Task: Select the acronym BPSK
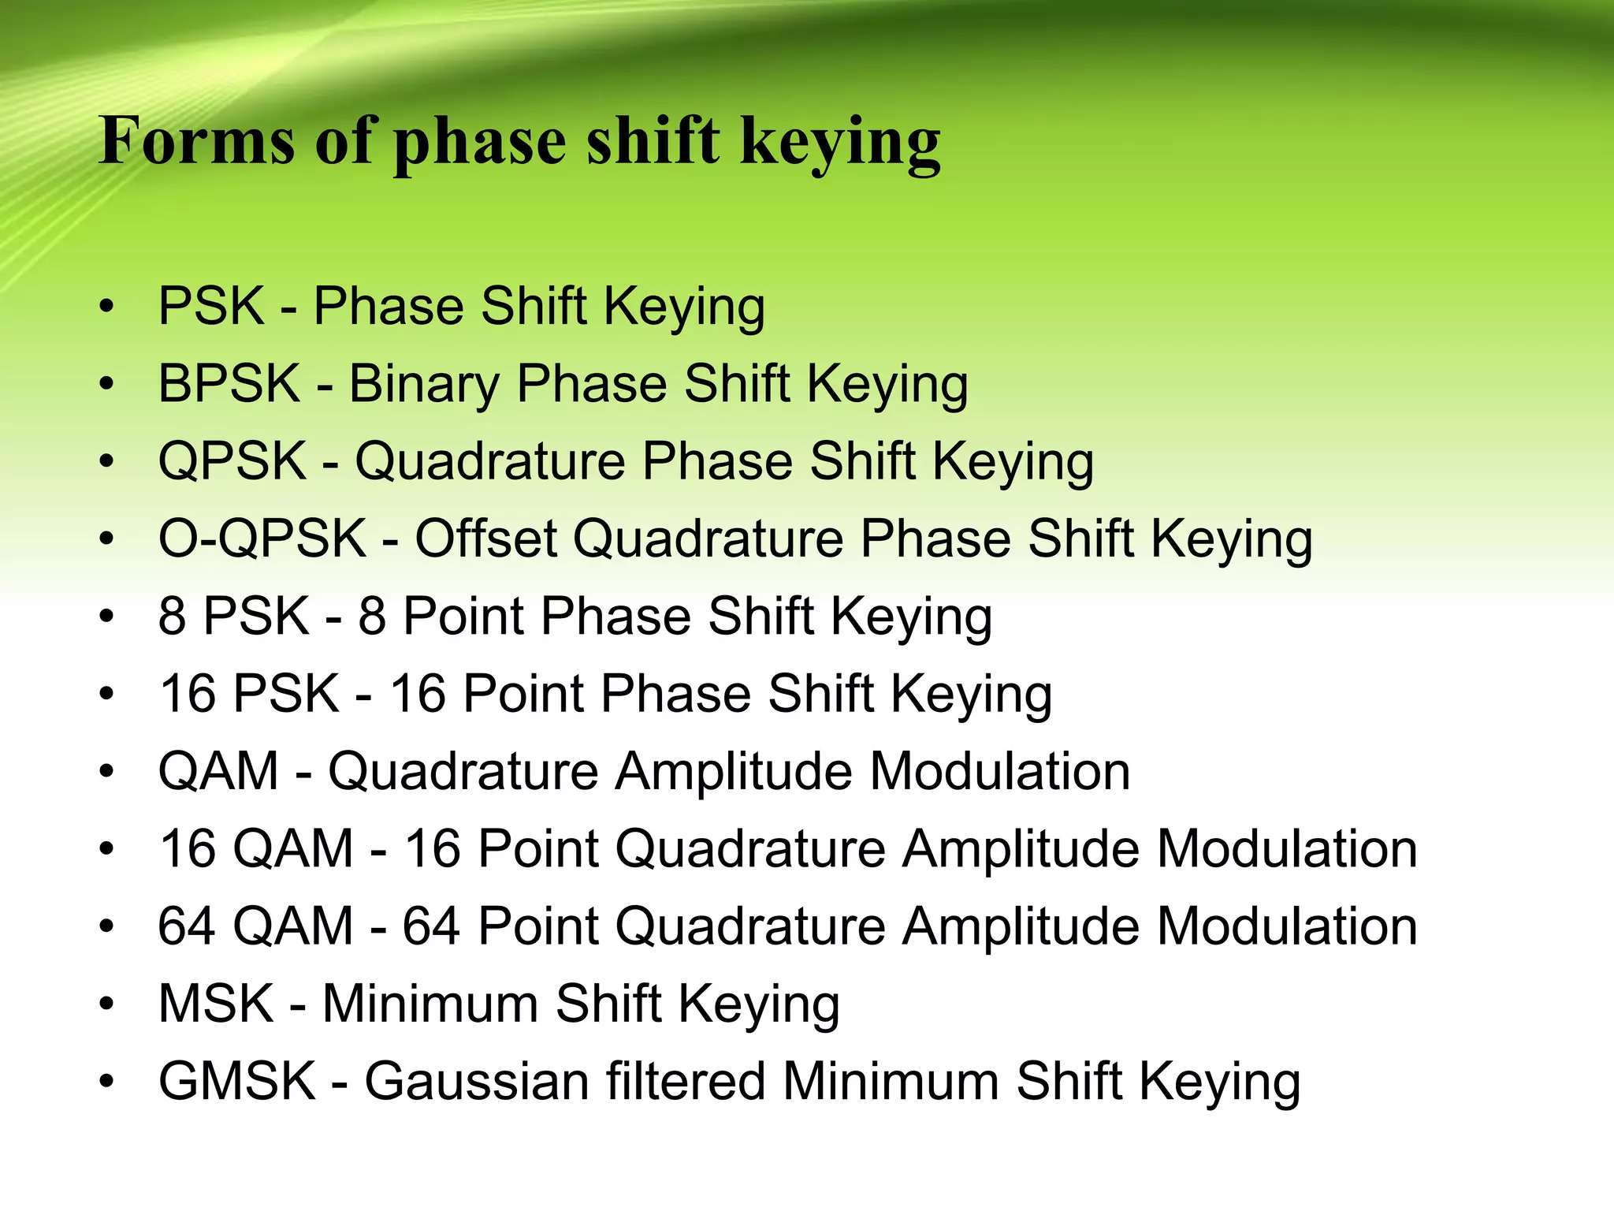[x=229, y=384]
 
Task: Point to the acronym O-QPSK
[x=262, y=538]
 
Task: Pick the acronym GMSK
[x=237, y=1081]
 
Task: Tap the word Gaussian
[x=476, y=1081]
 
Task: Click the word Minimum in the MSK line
[x=430, y=1004]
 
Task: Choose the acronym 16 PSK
[x=249, y=694]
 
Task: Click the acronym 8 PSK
[x=233, y=616]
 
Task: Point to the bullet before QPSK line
[x=107, y=461]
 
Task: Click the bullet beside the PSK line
[x=107, y=307]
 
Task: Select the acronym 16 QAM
[x=255, y=848]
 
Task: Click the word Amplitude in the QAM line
[x=734, y=771]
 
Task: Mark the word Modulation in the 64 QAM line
[x=1287, y=926]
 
